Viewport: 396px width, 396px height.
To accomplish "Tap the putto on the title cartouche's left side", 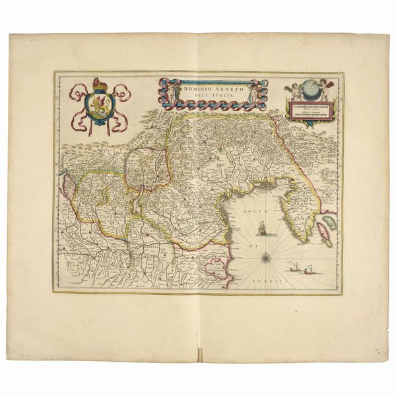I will click(x=168, y=93).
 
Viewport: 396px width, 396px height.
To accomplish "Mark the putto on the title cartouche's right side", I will click(x=253, y=94).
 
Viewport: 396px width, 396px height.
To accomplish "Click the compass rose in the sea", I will click(x=265, y=253).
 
